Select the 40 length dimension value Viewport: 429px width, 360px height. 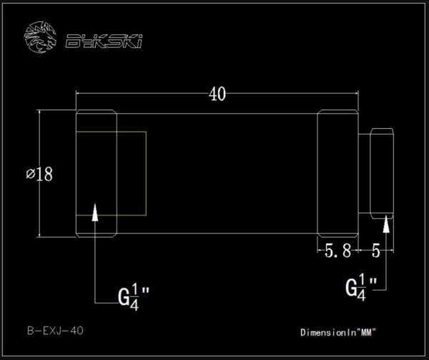point(217,93)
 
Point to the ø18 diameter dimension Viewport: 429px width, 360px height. point(39,174)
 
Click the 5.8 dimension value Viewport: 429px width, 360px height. point(338,250)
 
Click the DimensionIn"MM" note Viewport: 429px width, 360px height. point(338,332)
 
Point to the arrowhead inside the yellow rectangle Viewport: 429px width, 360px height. point(95,210)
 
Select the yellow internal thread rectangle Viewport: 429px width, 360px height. point(111,173)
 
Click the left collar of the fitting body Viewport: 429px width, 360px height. point(96,173)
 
